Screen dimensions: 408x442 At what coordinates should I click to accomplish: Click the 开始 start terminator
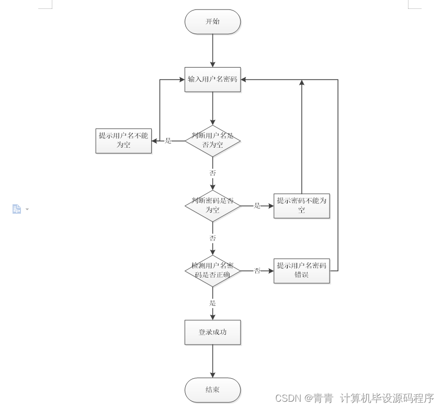pos(212,22)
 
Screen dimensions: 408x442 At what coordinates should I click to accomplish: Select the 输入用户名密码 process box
pos(212,80)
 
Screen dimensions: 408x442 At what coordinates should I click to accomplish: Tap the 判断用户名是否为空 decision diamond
pos(212,140)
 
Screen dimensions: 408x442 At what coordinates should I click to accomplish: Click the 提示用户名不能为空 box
pos(123,140)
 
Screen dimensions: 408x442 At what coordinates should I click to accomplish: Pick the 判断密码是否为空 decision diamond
pos(212,205)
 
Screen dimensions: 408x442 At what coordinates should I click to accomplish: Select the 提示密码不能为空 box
pos(301,205)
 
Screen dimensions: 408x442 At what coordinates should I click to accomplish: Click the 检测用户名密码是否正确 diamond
pos(212,270)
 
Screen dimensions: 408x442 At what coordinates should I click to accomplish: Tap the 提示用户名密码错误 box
pos(301,270)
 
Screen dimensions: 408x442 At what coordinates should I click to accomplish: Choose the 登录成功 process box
pos(212,332)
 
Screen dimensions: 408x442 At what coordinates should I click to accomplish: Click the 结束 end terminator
pos(212,390)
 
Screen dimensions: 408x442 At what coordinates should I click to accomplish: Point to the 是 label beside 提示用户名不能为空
pos(168,140)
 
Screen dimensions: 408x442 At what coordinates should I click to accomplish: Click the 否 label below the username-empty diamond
pos(212,173)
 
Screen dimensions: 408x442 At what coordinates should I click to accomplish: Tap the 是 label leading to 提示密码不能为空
pos(257,206)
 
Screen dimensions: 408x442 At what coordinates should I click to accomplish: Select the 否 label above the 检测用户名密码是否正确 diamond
pos(212,238)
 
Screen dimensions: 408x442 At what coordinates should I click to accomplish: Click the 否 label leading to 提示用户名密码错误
pos(257,271)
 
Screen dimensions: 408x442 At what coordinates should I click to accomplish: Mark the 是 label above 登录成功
pos(212,303)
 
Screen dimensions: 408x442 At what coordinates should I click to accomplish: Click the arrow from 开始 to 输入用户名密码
pos(212,51)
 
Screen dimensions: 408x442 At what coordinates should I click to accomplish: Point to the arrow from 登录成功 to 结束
pos(212,361)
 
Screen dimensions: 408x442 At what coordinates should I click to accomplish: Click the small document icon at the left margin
pos(17,209)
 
